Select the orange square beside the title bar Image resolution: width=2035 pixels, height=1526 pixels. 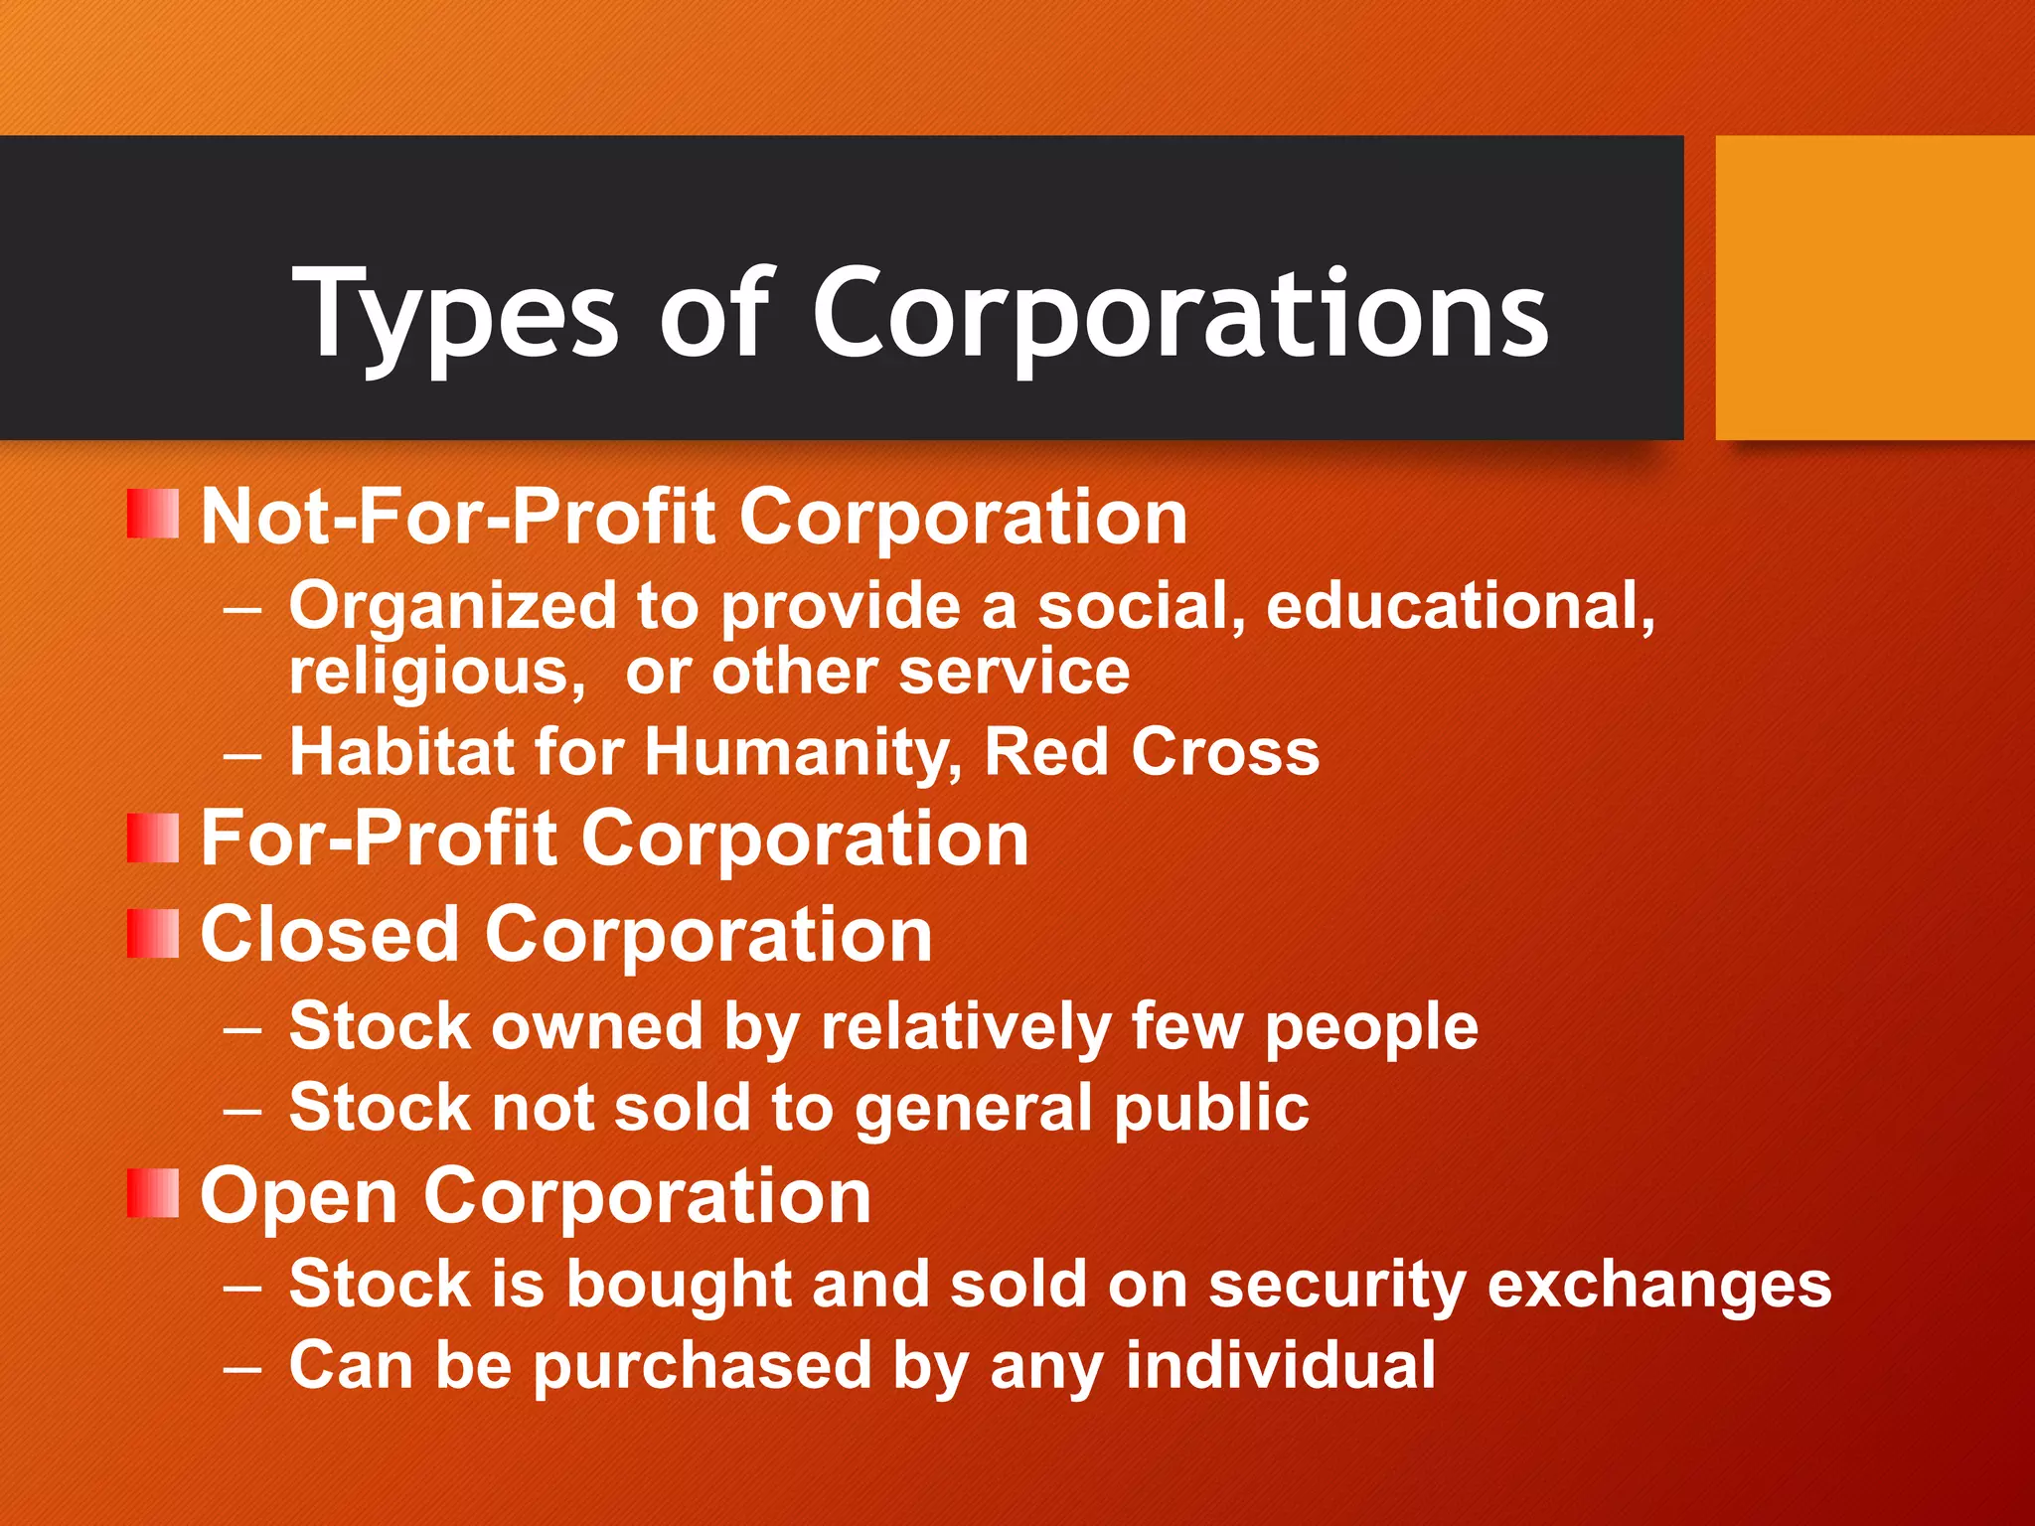[x=1875, y=288]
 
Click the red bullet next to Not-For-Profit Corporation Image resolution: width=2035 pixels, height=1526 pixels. [x=153, y=515]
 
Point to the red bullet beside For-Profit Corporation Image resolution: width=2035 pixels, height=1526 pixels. [x=153, y=838]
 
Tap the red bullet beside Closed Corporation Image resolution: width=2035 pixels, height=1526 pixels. [x=153, y=934]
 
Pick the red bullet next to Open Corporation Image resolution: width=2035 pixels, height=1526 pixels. [x=153, y=1193]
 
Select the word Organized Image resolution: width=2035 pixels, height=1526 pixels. [x=453, y=608]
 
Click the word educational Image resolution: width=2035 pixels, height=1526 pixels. [x=1460, y=606]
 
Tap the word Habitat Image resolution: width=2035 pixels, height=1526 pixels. [x=400, y=751]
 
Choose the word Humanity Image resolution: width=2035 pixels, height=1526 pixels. [x=803, y=753]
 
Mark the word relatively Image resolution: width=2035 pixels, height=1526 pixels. [x=965, y=1026]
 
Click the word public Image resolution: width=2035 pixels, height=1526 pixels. [x=1211, y=1109]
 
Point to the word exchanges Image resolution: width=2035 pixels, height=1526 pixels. [x=1659, y=1284]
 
